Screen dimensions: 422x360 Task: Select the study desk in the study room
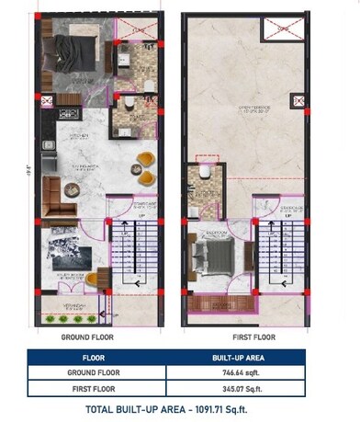(x=96, y=278)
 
